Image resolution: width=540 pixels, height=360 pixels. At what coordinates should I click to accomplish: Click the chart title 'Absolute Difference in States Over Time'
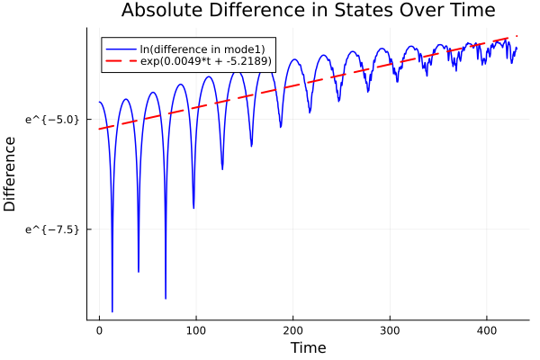pyautogui.click(x=308, y=11)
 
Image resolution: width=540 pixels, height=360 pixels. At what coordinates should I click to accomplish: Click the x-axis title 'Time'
pyautogui.click(x=308, y=347)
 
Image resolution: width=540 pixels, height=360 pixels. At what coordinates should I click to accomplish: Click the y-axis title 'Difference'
pyautogui.click(x=11, y=174)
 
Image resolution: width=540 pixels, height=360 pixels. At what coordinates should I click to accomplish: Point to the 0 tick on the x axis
pyautogui.click(x=99, y=330)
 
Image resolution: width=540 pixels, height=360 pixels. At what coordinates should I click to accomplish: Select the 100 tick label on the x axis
pyautogui.click(x=196, y=330)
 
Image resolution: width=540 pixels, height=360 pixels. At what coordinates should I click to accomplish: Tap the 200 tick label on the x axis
pyautogui.click(x=292, y=330)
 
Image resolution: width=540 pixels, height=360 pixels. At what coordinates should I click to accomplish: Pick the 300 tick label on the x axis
pyautogui.click(x=390, y=330)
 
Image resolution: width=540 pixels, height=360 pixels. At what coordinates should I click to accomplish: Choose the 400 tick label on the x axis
pyautogui.click(x=486, y=330)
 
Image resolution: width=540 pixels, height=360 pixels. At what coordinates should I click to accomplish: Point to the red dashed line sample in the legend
pyautogui.click(x=121, y=61)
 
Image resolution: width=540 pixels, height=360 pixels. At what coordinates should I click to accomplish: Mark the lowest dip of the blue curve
pyautogui.click(x=112, y=311)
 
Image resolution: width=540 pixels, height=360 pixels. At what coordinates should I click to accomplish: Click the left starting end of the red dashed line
pyautogui.click(x=99, y=129)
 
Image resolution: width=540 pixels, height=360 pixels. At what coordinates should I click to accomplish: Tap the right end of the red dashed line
pyautogui.click(x=517, y=36)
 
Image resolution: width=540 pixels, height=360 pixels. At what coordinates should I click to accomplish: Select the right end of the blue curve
pyautogui.click(x=517, y=48)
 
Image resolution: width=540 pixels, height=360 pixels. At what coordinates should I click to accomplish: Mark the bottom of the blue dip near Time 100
pyautogui.click(x=193, y=208)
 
